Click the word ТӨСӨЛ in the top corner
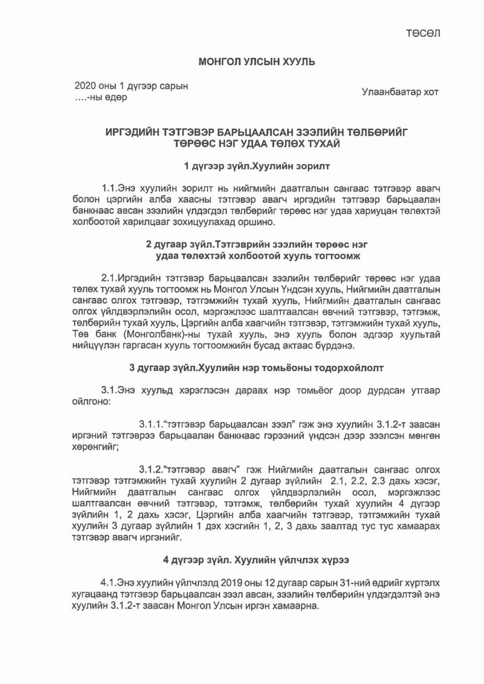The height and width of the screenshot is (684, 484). (x=423, y=33)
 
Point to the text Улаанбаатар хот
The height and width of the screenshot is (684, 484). (x=400, y=92)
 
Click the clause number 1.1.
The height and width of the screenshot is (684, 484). (x=109, y=188)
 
